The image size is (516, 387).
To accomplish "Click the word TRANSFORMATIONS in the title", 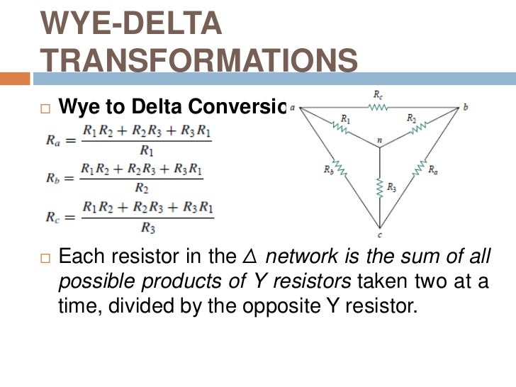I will [x=198, y=62].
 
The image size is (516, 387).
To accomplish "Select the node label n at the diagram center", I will [x=380, y=141].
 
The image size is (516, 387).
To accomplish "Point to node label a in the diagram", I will [x=292, y=108].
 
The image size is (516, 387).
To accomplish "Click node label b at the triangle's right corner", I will [x=466, y=108].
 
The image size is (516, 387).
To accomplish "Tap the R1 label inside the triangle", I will [x=345, y=118].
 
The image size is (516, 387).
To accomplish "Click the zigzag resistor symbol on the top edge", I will [x=378, y=108].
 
